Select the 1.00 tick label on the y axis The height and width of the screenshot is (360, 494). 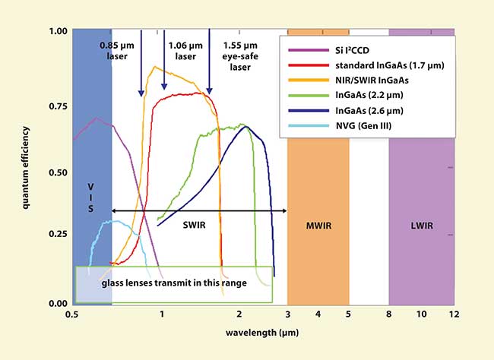tap(57, 32)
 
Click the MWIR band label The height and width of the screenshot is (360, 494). tap(317, 225)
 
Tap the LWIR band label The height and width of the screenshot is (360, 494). tap(421, 225)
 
